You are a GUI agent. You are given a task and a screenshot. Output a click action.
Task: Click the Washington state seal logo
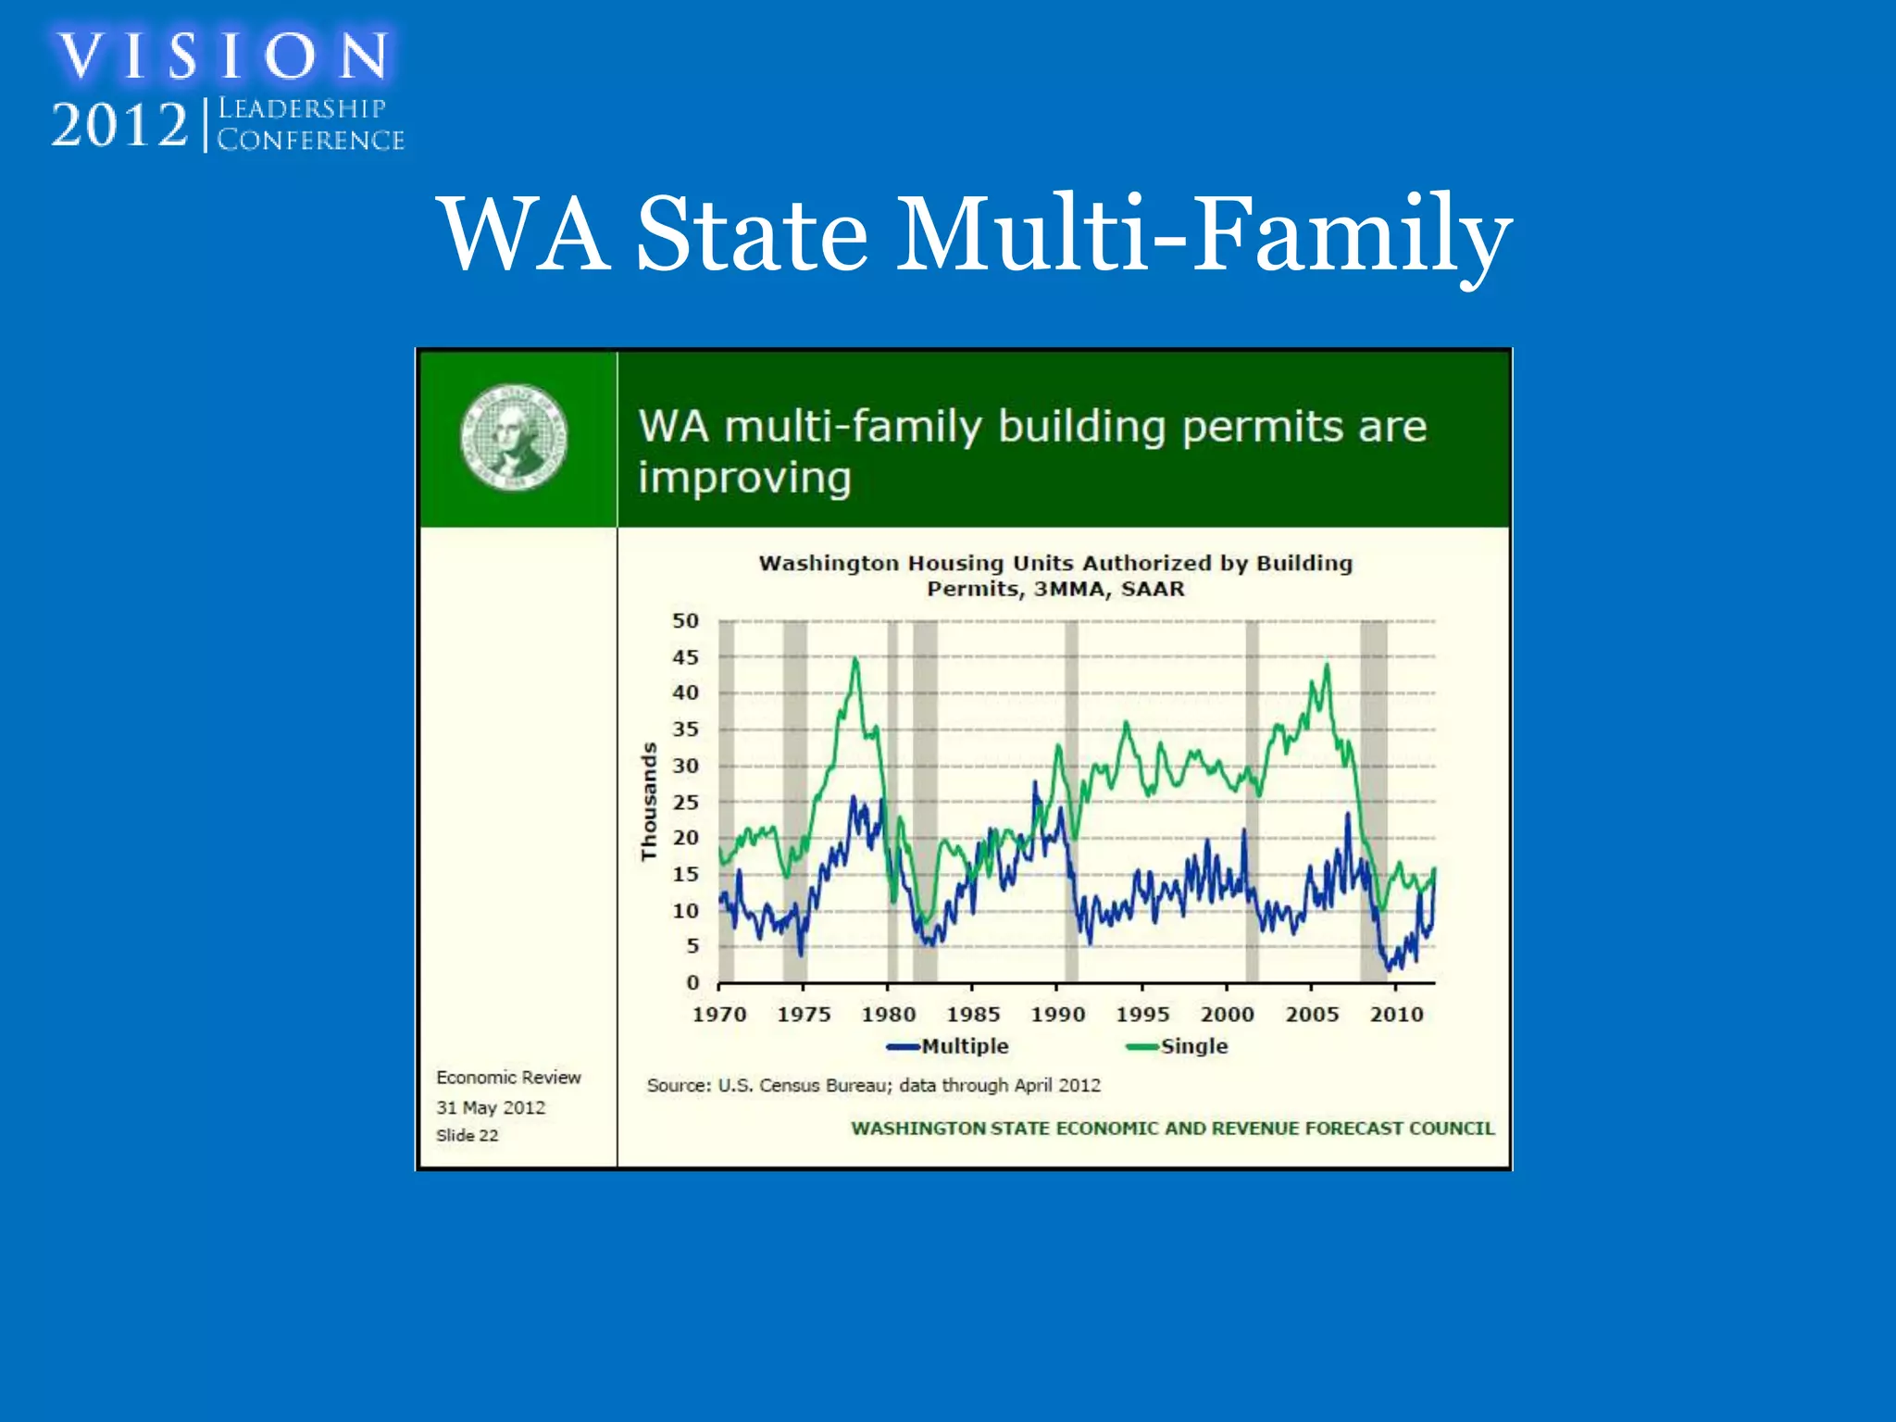(514, 437)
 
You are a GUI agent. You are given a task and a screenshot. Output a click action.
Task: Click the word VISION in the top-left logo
(223, 56)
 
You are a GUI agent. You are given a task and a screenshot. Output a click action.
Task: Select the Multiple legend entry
(948, 1046)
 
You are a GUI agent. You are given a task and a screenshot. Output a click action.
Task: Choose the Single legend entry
(1177, 1046)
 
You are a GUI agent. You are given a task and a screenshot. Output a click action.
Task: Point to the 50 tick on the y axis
(685, 621)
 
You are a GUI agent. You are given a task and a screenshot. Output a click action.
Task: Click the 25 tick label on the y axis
(685, 802)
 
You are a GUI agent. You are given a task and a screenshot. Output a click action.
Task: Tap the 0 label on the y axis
(692, 982)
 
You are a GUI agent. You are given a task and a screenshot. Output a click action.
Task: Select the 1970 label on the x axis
(719, 1015)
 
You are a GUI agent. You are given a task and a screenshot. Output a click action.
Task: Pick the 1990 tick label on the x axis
(1058, 1015)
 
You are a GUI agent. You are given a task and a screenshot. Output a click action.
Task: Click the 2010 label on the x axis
(1396, 1015)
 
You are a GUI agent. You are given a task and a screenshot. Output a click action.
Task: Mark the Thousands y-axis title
(649, 802)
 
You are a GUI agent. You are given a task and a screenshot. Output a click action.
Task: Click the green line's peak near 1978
(855, 659)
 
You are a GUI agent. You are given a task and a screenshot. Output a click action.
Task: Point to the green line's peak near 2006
(1327, 665)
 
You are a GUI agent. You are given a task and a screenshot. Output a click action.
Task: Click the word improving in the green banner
(744, 479)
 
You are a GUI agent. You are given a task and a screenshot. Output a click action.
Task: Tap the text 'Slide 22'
(468, 1135)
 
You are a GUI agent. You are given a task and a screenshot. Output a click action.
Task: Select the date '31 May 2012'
(491, 1107)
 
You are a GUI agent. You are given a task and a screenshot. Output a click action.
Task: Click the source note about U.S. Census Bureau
(874, 1085)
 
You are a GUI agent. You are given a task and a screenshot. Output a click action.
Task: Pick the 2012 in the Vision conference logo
(119, 125)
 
